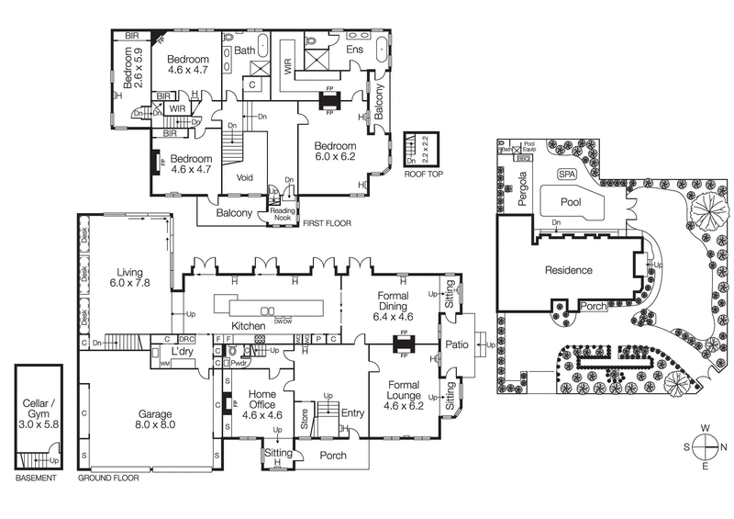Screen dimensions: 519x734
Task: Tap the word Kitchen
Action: point(249,326)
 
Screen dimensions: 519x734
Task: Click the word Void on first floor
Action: point(245,177)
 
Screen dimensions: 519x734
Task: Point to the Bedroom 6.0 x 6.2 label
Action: point(334,152)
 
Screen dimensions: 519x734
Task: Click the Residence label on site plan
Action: point(569,270)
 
